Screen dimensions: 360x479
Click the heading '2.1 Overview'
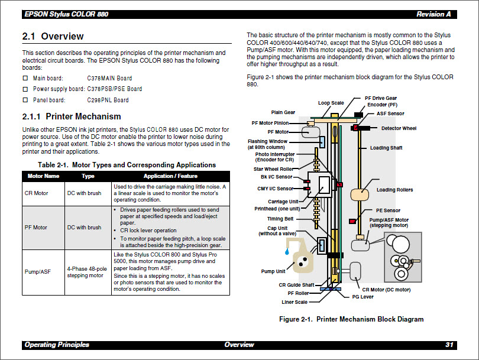pos(53,37)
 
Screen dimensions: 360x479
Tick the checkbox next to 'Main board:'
pos(25,78)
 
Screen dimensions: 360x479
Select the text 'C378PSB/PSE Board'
pos(114,89)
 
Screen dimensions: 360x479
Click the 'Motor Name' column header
pos(43,176)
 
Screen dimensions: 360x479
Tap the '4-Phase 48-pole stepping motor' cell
pos(88,272)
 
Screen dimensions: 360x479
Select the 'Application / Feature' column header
pos(170,176)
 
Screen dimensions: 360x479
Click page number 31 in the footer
pos(449,345)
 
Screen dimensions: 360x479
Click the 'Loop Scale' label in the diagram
pos(331,103)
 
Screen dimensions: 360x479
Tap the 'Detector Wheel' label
pos(398,128)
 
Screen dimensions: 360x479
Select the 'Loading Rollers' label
pos(394,190)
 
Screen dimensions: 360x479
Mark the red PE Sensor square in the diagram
pos(352,221)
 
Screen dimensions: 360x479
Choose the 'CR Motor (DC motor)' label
pos(386,290)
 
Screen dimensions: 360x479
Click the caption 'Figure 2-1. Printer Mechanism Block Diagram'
pos(351,319)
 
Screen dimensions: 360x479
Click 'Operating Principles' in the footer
pos(57,345)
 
